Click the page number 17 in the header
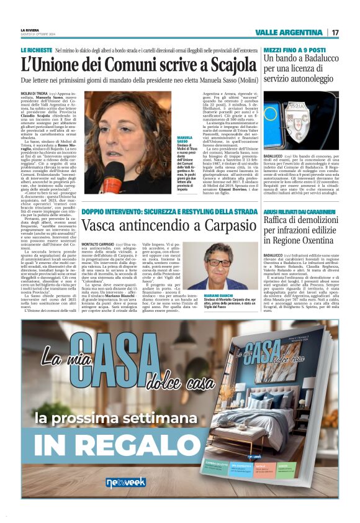pos(335,32)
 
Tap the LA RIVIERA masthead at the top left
pos(29,29)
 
